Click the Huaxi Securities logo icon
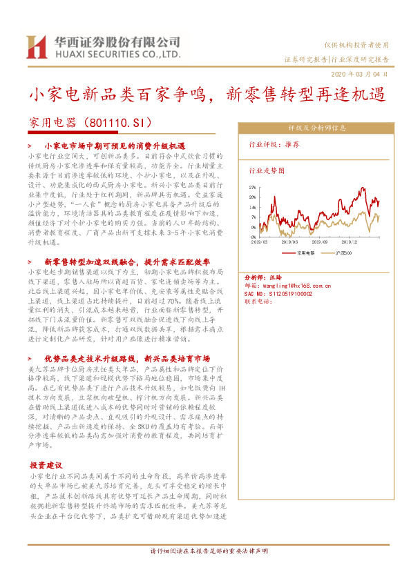tap(35, 46)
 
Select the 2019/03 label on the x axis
tap(260, 242)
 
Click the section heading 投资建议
tap(46, 466)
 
